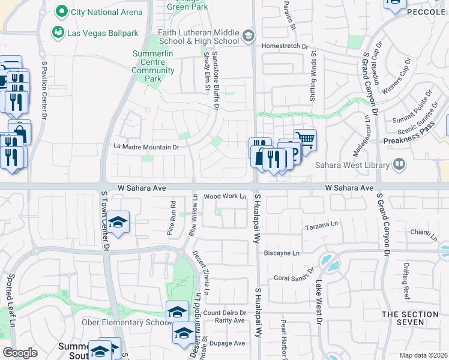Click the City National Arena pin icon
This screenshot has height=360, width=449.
[61, 11]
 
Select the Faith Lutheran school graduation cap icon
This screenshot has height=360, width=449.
[249, 37]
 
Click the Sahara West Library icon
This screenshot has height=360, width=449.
[399, 164]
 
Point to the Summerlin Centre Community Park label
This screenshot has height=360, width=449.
[153, 66]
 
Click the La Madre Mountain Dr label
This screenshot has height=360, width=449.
[146, 146]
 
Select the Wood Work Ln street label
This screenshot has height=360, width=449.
[226, 196]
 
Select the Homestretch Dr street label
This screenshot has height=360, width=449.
[285, 46]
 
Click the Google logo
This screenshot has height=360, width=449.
[20, 353]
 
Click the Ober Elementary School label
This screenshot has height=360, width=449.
[127, 322]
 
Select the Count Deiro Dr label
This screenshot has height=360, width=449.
[225, 313]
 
